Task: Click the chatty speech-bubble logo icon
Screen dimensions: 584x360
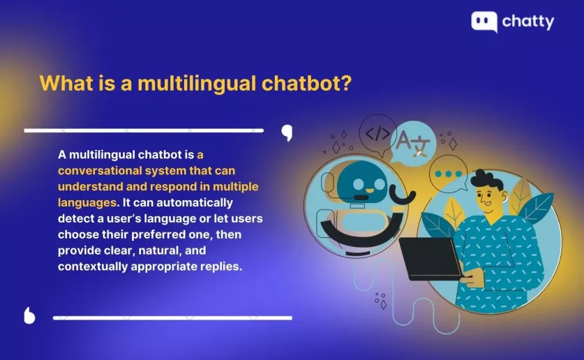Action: tap(484, 22)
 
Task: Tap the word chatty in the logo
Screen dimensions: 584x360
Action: tap(528, 22)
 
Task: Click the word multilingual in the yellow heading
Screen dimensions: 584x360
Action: tap(197, 84)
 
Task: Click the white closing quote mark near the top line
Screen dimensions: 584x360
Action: tap(287, 133)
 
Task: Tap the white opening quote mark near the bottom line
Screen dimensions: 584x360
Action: tap(29, 316)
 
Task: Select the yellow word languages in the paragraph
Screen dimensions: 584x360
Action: tap(87, 203)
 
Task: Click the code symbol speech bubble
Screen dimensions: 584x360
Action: tap(377, 134)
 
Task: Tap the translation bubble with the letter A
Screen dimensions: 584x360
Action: tap(413, 143)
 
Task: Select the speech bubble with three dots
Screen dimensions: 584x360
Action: tap(448, 174)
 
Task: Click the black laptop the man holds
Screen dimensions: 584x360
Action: tap(431, 258)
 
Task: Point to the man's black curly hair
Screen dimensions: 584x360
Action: tap(487, 180)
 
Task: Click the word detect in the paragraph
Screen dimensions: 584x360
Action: tap(76, 218)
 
